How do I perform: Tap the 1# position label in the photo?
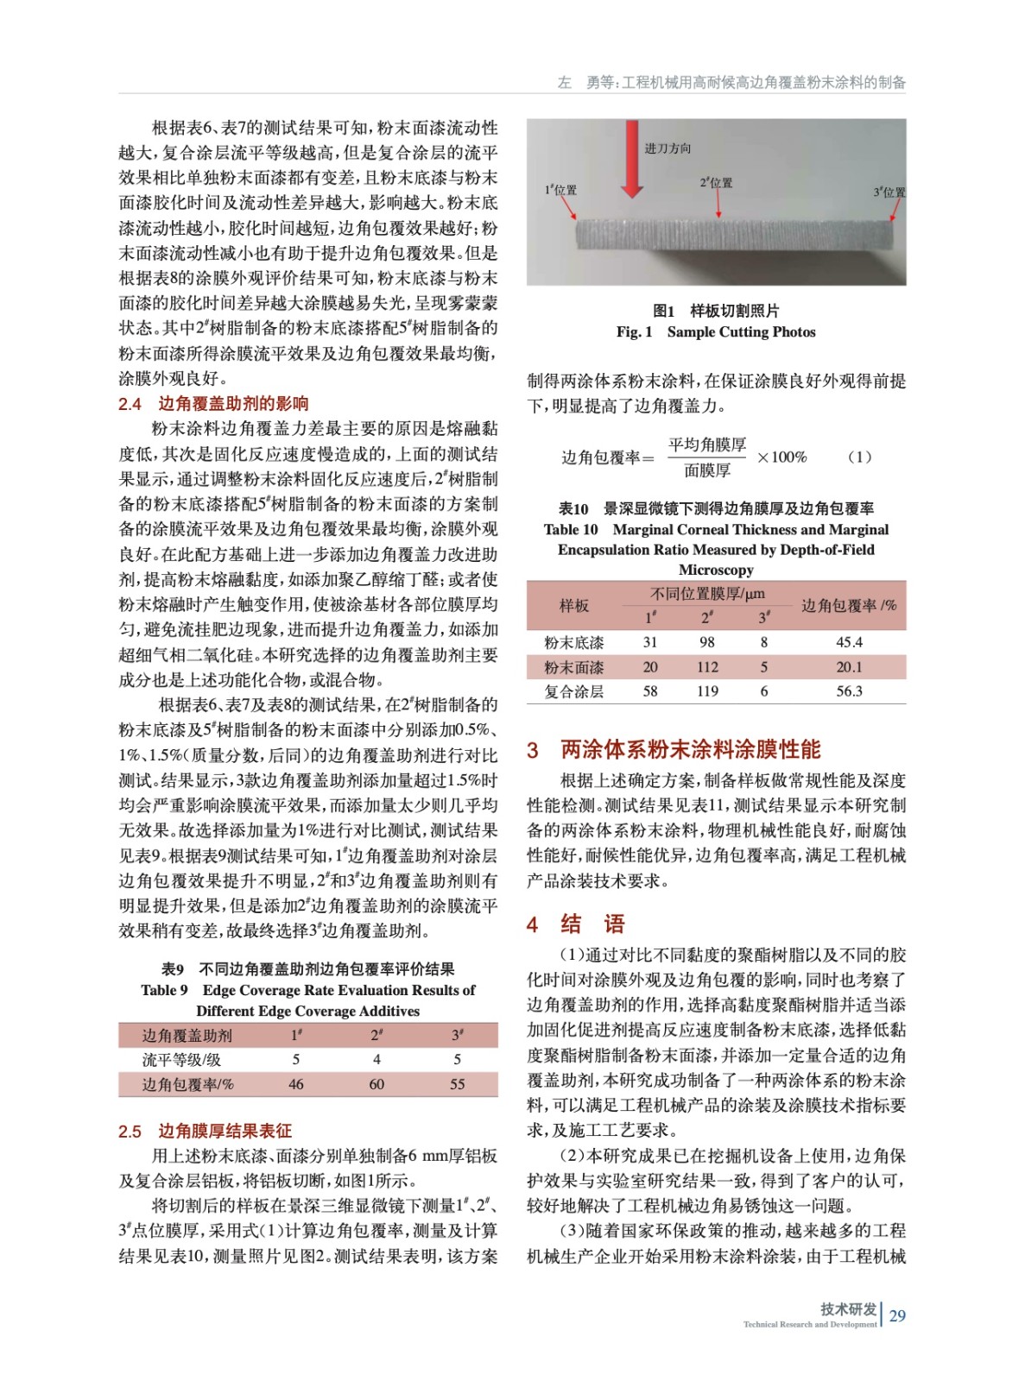pos(560,190)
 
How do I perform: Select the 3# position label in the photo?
pos(889,192)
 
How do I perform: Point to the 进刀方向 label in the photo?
pos(668,148)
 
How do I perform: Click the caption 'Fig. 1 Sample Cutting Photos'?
pos(716,332)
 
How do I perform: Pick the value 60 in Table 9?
pos(376,1084)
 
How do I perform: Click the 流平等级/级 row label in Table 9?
pos(181,1059)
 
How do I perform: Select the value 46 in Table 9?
pos(296,1084)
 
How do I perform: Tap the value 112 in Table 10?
pos(707,667)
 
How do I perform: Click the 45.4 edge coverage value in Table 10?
pos(849,642)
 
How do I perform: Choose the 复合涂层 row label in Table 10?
pos(573,691)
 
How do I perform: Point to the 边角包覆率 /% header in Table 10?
pos(849,605)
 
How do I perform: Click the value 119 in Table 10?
pos(707,691)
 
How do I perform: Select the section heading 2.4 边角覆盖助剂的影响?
pos(213,403)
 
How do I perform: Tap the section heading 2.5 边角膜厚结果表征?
pos(205,1131)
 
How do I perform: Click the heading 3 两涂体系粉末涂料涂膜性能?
pos(674,749)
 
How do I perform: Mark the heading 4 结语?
pos(576,924)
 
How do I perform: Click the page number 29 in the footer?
pos(897,1315)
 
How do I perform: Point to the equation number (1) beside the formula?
pos(859,457)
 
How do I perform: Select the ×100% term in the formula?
pos(781,457)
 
